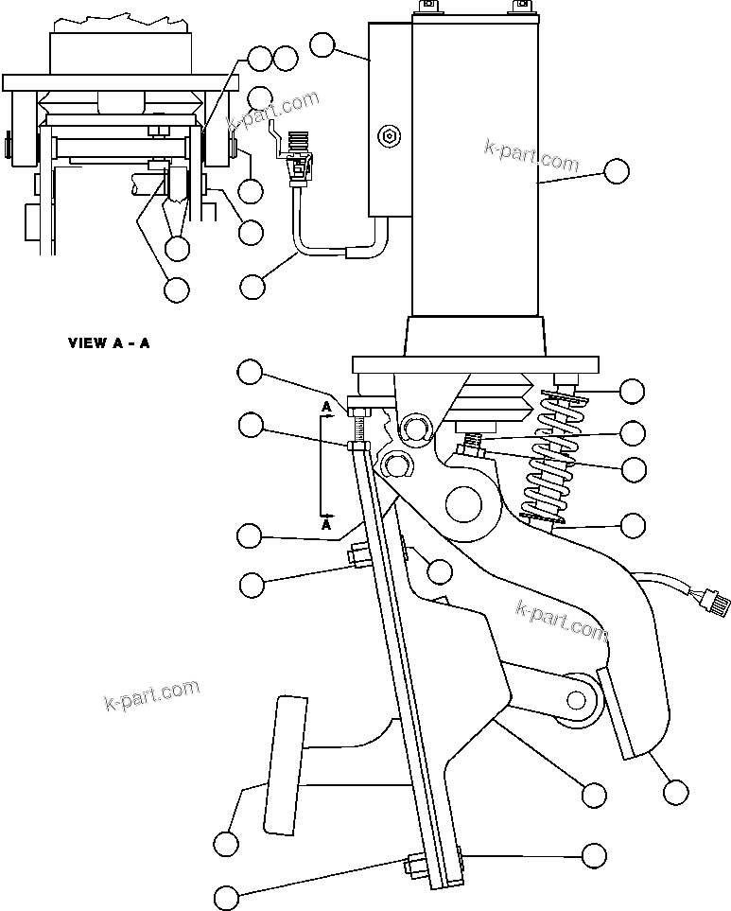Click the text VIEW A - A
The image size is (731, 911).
point(108,343)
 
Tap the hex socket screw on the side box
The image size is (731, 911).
point(388,136)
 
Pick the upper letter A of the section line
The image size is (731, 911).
point(326,408)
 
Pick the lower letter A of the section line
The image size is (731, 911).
point(326,523)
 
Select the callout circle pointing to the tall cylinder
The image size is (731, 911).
point(616,171)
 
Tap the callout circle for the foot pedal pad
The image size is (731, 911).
point(225,841)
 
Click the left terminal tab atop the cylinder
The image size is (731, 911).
point(426,9)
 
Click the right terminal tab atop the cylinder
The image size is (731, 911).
point(518,9)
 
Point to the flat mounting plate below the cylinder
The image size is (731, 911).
point(475,364)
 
